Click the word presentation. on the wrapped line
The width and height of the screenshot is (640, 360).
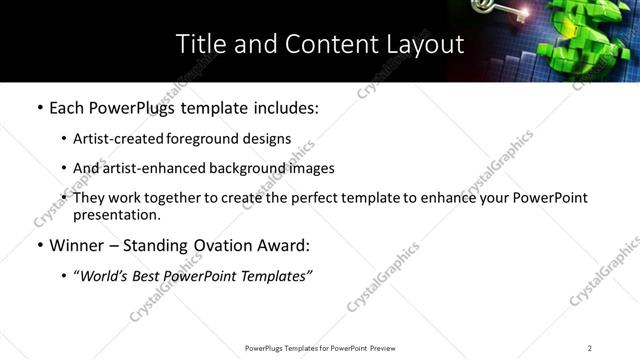pos(117,214)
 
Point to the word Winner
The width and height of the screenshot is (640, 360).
pos(77,244)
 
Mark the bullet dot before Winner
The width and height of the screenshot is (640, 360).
pos(39,245)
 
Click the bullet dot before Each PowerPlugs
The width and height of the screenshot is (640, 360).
pos(39,108)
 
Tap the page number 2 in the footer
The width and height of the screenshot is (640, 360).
pos(589,347)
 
